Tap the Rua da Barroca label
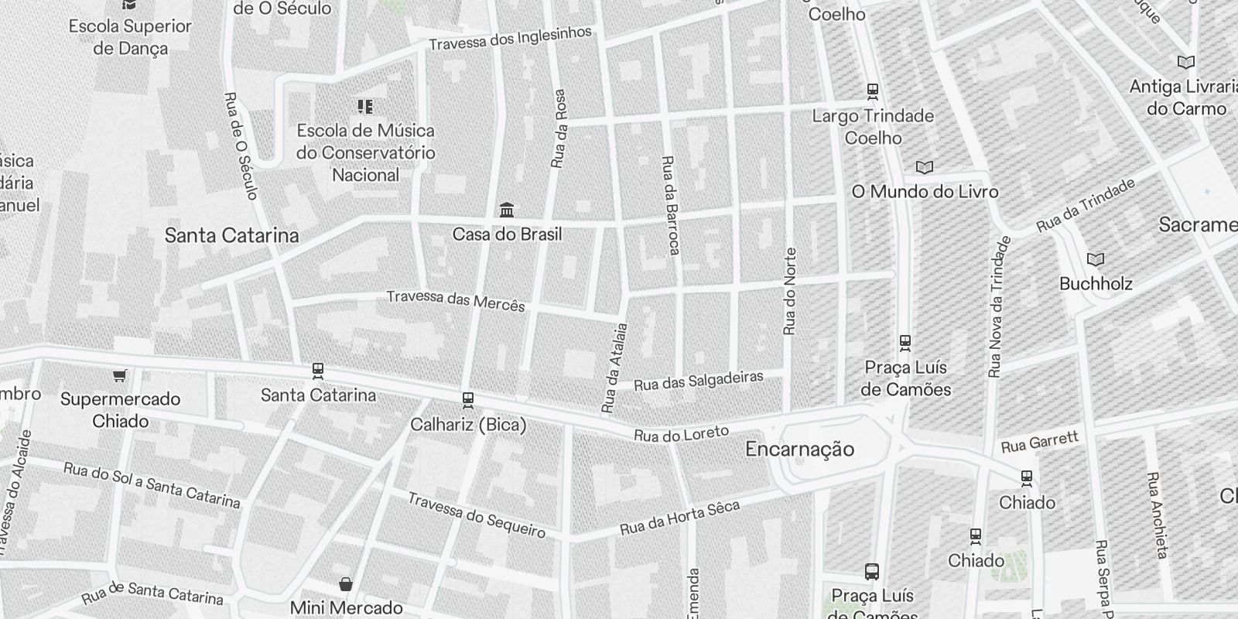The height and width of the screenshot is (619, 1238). click(669, 205)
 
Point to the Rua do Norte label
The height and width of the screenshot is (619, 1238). click(789, 292)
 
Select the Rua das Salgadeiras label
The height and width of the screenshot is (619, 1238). click(699, 381)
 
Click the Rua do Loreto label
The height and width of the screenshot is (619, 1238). click(681, 434)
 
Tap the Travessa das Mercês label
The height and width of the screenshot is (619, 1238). click(456, 300)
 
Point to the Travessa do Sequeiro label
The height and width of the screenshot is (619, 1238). click(476, 515)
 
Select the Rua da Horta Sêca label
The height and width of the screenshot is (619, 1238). click(679, 518)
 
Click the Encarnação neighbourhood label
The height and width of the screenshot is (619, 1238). click(799, 449)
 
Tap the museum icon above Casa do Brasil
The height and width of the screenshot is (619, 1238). click(507, 210)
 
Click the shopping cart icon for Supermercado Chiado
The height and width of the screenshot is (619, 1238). click(119, 376)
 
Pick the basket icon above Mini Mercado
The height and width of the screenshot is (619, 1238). click(345, 583)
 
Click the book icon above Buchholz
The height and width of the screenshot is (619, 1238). click(1096, 259)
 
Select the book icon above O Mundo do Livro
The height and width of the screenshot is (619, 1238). click(924, 167)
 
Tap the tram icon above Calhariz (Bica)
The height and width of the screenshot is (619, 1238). click(467, 400)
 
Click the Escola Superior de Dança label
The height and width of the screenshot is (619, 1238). click(130, 37)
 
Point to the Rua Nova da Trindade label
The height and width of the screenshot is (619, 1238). click(999, 307)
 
